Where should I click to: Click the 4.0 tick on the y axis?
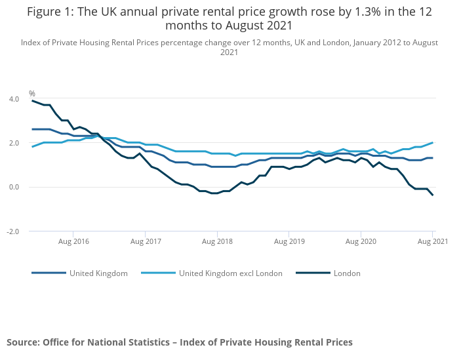(14, 99)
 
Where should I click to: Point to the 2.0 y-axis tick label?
(14, 143)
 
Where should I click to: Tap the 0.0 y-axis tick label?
(14, 187)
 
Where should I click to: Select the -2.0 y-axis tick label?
(13, 231)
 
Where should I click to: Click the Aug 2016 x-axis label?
(73, 241)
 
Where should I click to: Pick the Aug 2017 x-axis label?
(146, 241)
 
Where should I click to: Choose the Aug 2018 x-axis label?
(217, 241)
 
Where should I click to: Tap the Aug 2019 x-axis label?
(289, 241)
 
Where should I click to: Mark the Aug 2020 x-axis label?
(361, 241)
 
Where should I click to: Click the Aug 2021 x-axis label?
(432, 241)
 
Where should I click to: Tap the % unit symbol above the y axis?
(32, 94)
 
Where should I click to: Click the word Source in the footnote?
(22, 342)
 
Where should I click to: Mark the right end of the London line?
(432, 195)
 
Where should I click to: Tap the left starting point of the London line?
(32, 100)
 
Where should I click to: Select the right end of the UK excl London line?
(432, 143)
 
